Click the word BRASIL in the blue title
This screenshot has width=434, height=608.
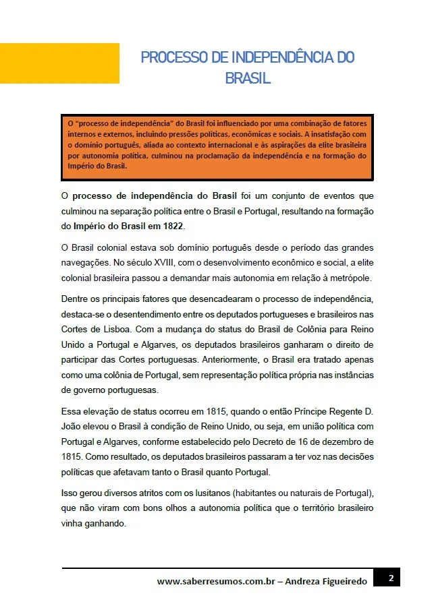(248, 78)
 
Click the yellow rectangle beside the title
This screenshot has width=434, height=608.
(59, 63)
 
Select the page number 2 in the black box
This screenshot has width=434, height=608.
(391, 578)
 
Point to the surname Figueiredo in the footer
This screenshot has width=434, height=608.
(341, 581)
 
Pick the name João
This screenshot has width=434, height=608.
(72, 427)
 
